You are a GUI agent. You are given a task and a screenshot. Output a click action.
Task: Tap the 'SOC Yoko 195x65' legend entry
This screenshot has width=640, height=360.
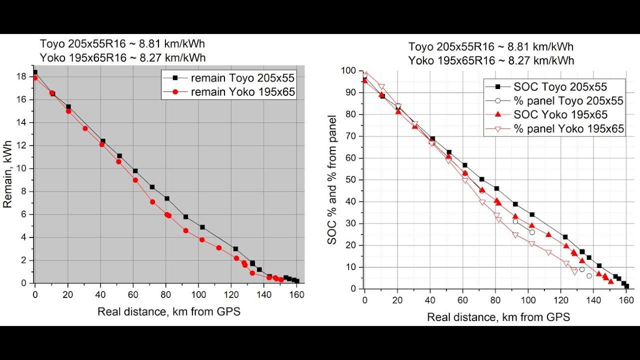560,114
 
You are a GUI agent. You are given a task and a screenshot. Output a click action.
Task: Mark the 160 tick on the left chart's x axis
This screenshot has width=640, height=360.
297,292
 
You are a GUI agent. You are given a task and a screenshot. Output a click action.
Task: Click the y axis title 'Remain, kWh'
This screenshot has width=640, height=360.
8,179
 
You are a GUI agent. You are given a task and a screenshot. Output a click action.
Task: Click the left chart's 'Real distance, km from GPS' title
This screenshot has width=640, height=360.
169,311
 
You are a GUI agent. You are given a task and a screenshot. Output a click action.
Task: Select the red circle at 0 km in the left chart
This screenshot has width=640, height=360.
34,77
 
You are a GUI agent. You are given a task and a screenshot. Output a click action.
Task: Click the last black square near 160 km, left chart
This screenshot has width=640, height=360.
297,281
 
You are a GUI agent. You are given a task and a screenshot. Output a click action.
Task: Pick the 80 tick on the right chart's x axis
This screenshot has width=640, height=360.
495,301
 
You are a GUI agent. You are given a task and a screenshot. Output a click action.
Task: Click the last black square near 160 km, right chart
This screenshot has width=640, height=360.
626,286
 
